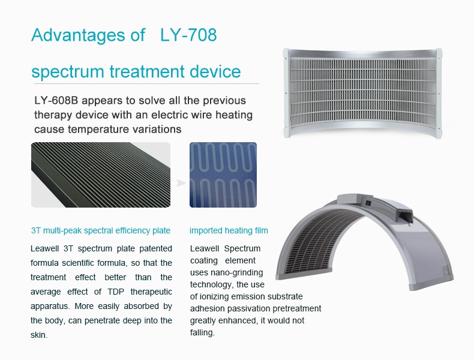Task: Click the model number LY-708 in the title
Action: point(188,35)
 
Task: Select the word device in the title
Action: point(215,71)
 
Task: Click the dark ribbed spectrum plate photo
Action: point(101,175)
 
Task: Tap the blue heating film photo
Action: point(223,175)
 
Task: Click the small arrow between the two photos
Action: point(181,183)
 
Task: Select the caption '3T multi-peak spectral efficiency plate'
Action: point(101,230)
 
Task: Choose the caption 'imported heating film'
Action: point(229,230)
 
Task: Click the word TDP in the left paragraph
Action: point(116,292)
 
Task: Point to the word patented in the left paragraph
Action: point(155,249)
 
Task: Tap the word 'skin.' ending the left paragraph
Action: point(39,335)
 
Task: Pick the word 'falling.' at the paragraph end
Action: point(202,333)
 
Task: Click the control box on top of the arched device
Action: point(375,206)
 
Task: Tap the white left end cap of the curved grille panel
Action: point(286,94)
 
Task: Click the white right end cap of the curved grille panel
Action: point(439,94)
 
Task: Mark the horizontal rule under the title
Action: point(146,83)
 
